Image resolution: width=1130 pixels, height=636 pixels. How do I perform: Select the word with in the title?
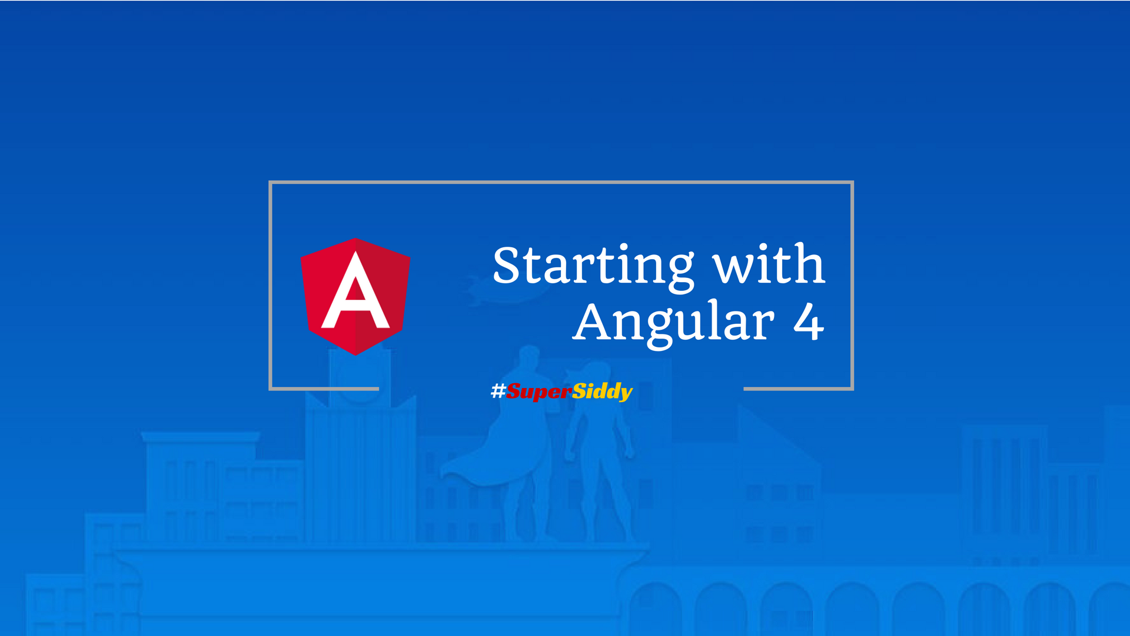(769, 265)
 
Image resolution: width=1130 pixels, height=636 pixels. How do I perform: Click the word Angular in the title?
(674, 323)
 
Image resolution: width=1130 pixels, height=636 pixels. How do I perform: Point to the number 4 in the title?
(809, 322)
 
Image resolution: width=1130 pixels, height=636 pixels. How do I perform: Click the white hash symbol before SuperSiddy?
(498, 390)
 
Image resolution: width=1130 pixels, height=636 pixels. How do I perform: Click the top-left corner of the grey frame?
(271, 183)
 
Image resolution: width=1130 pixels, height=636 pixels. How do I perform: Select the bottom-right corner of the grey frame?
(852, 388)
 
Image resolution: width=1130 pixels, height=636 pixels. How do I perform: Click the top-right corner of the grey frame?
(852, 183)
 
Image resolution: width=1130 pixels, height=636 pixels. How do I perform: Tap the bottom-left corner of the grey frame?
(271, 388)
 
